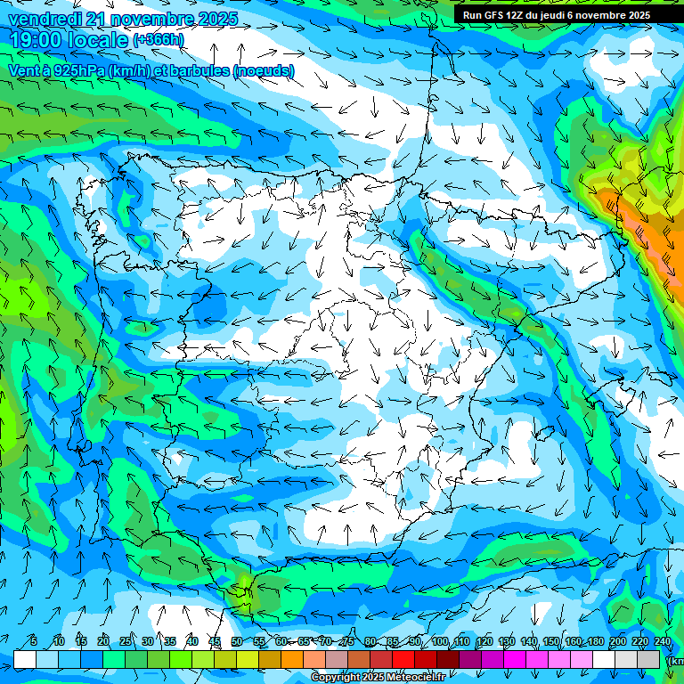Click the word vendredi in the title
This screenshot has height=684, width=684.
pyautogui.click(x=44, y=19)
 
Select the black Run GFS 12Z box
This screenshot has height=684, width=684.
pyautogui.click(x=567, y=14)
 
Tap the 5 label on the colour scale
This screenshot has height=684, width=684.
pyautogui.click(x=34, y=641)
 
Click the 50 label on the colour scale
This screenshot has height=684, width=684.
pyautogui.click(x=236, y=641)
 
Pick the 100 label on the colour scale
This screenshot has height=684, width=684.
pyautogui.click(x=439, y=641)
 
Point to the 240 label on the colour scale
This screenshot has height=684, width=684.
pyautogui.click(x=663, y=641)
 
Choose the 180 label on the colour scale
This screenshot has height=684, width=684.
pyautogui.click(x=596, y=641)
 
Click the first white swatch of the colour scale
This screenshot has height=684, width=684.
pyautogui.click(x=25, y=659)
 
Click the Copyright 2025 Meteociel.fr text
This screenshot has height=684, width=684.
pyautogui.click(x=378, y=678)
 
